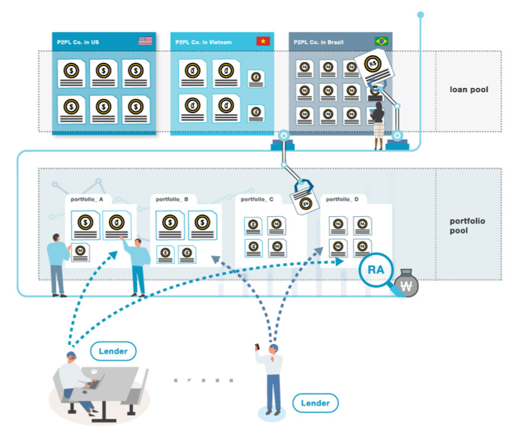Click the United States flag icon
pyautogui.click(x=145, y=42)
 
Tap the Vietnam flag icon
pyautogui.click(x=263, y=42)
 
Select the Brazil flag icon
pyautogui.click(x=381, y=42)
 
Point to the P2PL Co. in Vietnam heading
pyautogui.click(x=203, y=42)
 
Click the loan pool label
pyautogui.click(x=469, y=90)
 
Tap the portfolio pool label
pyautogui.click(x=467, y=225)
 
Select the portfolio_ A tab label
pyautogui.click(x=87, y=198)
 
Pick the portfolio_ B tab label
pyautogui.click(x=173, y=198)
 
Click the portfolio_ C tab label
pyautogui.click(x=258, y=198)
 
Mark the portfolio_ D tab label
pyautogui.click(x=343, y=198)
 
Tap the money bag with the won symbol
pyautogui.click(x=408, y=285)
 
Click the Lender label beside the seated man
pyautogui.click(x=113, y=351)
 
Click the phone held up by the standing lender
pyautogui.click(x=258, y=347)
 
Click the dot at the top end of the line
pyautogui.click(x=420, y=14)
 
